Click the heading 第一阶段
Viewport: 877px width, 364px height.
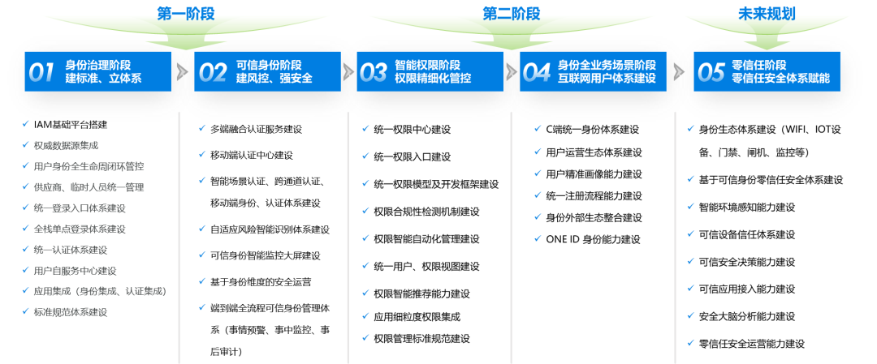pyautogui.click(x=186, y=14)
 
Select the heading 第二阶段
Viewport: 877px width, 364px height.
pyautogui.click(x=512, y=14)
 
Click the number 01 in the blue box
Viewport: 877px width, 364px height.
pyautogui.click(x=42, y=72)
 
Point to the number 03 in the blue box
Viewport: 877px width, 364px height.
pyautogui.click(x=374, y=72)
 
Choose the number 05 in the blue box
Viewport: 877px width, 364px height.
pyautogui.click(x=711, y=72)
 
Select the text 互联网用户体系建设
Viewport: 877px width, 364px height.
pyautogui.click(x=607, y=79)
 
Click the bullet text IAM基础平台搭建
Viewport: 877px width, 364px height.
pyautogui.click(x=71, y=125)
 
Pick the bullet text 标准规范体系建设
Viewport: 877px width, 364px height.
pyautogui.click(x=71, y=312)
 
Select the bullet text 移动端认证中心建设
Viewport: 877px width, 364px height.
pyautogui.click(x=252, y=155)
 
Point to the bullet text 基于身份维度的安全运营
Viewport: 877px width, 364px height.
pyautogui.click(x=261, y=282)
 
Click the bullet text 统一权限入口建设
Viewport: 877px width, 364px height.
pyautogui.click(x=413, y=157)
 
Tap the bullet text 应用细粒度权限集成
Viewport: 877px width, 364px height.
pyautogui.click(x=417, y=317)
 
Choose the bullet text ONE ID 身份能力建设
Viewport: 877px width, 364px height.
pyautogui.click(x=593, y=239)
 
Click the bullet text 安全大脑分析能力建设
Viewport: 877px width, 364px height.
pyautogui.click(x=747, y=316)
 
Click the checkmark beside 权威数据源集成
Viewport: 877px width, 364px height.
pyautogui.click(x=25, y=145)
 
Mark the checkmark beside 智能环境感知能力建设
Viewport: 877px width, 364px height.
pyautogui.click(x=691, y=207)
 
